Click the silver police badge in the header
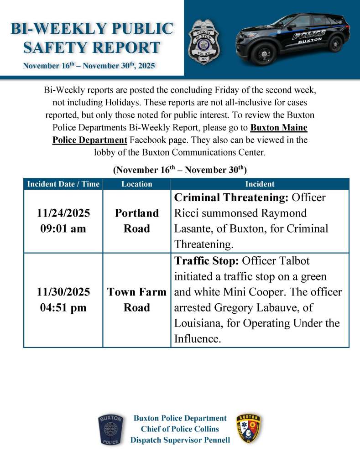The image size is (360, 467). pos(203,42)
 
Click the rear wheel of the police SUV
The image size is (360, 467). pos(335,44)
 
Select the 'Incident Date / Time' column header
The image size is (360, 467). pos(63,184)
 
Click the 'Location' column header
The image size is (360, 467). pos(137,184)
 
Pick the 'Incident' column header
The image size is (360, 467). pos(260,184)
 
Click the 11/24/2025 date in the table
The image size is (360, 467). pos(63,213)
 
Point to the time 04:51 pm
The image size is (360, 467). pos(63,308)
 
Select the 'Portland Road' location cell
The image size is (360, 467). pos(137,221)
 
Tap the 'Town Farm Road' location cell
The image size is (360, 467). pos(137,300)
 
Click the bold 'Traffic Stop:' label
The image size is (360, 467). pos(207,260)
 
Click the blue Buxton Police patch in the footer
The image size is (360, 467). pos(110,430)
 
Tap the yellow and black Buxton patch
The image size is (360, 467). pos(249,429)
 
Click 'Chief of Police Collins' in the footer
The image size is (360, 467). pos(180,429)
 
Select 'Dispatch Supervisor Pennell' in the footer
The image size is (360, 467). pos(180,440)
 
